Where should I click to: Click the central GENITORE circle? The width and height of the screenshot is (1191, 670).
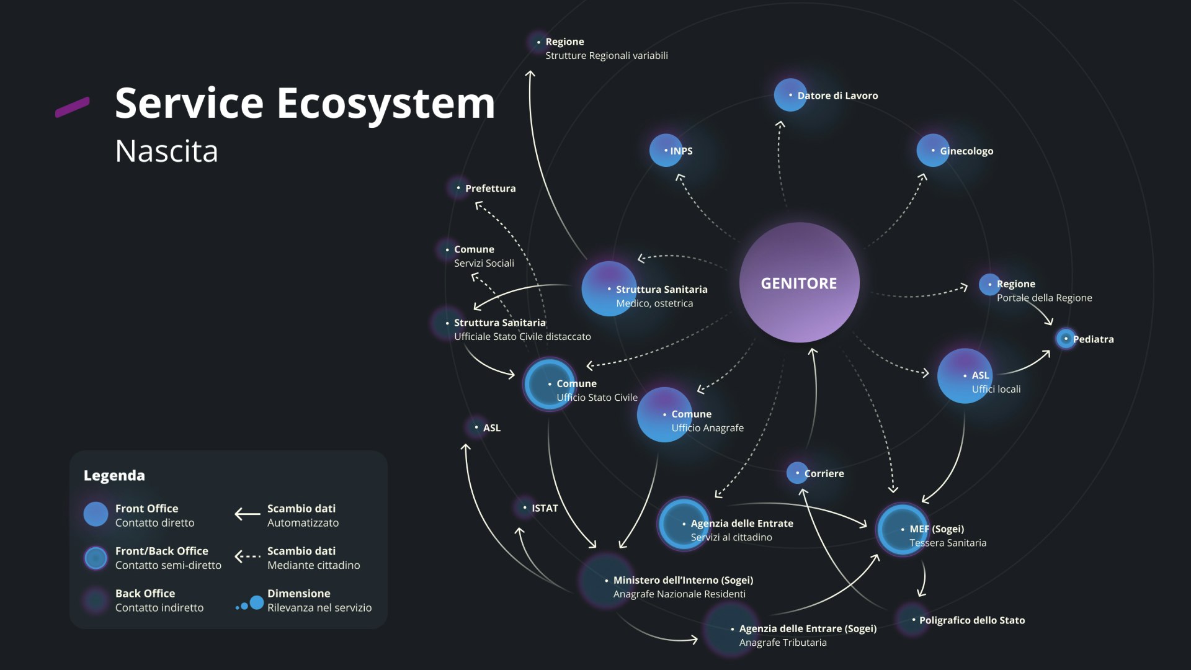click(x=799, y=282)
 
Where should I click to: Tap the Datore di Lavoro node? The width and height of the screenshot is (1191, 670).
click(x=790, y=95)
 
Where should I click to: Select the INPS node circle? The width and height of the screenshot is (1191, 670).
click(x=666, y=150)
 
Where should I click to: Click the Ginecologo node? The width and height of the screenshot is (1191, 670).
click(x=933, y=150)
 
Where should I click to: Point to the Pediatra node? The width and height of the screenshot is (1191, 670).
click(x=1066, y=339)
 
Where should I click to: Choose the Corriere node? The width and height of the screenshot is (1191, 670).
click(x=797, y=473)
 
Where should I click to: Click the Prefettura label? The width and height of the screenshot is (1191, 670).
click(x=490, y=188)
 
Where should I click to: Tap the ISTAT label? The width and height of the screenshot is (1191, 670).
click(x=545, y=508)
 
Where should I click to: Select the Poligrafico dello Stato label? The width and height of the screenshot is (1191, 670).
click(x=972, y=620)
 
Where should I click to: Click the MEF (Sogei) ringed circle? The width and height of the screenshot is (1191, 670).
click(x=903, y=529)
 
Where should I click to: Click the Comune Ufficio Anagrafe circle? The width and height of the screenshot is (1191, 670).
click(x=664, y=414)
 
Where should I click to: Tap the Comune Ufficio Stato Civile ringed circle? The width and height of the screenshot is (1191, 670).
click(x=550, y=384)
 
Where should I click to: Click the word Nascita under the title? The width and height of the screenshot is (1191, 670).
click(x=166, y=151)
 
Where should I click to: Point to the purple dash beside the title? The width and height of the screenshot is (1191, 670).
click(x=73, y=107)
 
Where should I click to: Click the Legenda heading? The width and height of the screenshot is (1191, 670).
click(x=114, y=475)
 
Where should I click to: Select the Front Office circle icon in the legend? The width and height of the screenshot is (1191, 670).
click(x=96, y=514)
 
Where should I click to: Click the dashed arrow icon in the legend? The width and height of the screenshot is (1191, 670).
click(x=248, y=556)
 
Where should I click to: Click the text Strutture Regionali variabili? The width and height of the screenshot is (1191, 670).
click(x=607, y=55)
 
